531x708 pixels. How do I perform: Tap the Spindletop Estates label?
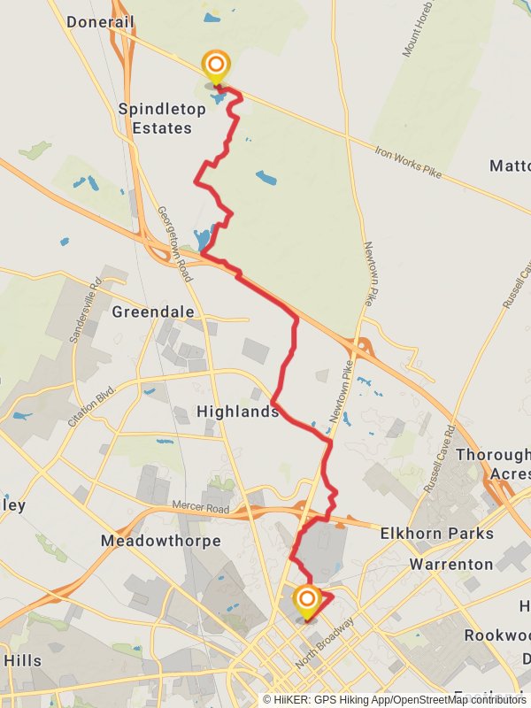[162, 119]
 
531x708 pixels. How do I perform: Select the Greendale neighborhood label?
[152, 312]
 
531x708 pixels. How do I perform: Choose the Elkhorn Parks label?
[436, 534]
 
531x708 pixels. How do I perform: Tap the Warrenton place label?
[451, 564]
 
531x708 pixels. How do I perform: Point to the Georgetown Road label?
[174, 243]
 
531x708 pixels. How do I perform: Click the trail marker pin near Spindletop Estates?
[215, 67]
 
